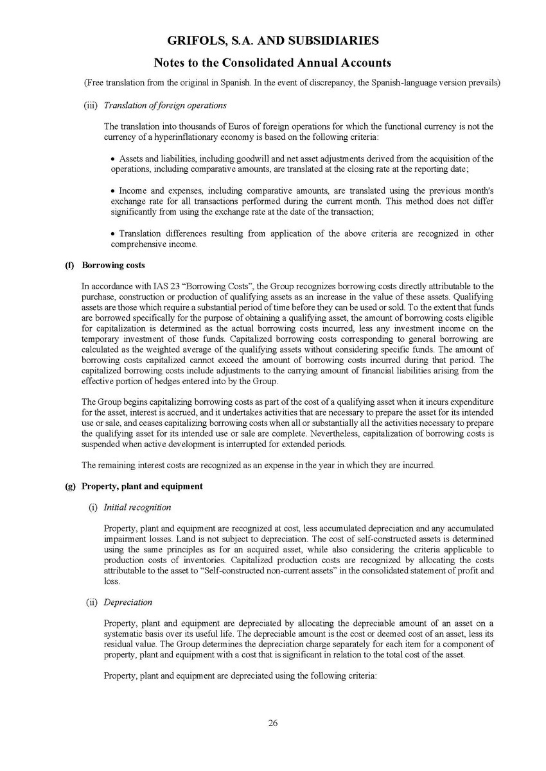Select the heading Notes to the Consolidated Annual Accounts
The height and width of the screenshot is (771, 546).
(272, 63)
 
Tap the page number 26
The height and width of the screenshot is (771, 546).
(273, 724)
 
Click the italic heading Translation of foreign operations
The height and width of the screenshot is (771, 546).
(165, 105)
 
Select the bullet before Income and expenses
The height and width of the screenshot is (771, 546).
(113, 191)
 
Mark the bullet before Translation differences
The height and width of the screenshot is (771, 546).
(113, 234)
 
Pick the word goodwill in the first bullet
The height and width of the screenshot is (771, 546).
(277, 159)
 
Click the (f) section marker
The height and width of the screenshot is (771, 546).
(70, 266)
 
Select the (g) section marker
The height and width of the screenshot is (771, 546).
(70, 486)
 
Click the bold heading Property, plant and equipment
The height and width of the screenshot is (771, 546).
(142, 486)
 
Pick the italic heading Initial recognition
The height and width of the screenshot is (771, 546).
(137, 507)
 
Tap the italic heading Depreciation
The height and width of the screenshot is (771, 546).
(128, 602)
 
